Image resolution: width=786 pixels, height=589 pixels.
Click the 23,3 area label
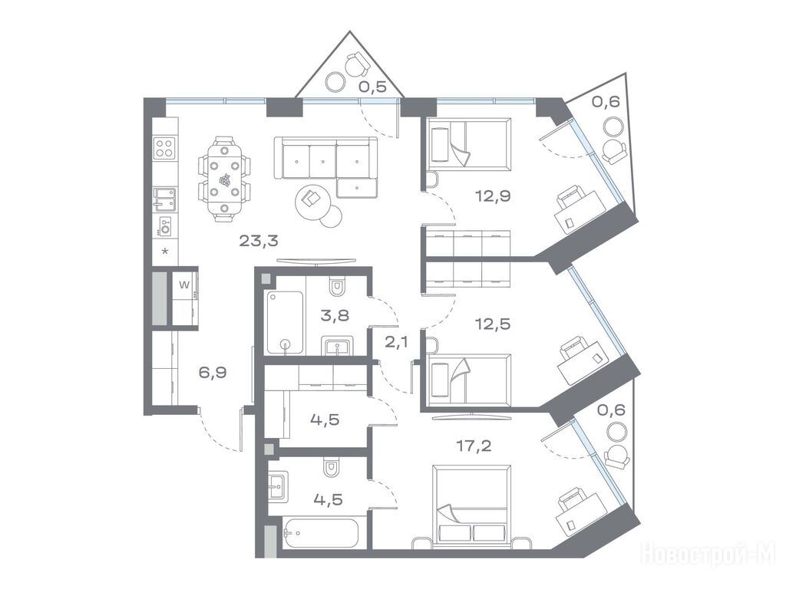click(258, 241)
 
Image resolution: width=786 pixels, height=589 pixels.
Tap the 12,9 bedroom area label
click(494, 196)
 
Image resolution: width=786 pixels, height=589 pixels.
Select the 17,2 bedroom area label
click(474, 446)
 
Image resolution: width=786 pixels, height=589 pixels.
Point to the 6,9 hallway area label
click(213, 373)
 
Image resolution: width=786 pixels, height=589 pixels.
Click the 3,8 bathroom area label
click(335, 315)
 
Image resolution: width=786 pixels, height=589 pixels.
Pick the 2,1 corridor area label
click(396, 343)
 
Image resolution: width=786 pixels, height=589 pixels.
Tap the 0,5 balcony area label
click(372, 87)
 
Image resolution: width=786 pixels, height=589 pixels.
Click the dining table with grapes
click(224, 179)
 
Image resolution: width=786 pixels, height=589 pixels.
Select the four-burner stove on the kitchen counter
click(165, 148)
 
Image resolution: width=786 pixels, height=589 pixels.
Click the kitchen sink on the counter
click(164, 198)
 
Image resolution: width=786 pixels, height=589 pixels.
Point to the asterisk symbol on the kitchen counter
click(165, 251)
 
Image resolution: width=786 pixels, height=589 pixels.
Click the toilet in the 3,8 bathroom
click(337, 286)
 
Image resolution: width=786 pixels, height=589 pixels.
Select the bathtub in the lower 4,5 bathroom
click(321, 532)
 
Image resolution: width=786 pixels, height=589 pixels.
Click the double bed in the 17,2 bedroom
click(472, 503)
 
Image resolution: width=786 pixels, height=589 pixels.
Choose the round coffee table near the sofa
click(313, 202)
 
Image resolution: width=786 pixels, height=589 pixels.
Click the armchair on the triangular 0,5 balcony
click(357, 63)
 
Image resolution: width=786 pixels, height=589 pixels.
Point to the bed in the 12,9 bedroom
click(470, 143)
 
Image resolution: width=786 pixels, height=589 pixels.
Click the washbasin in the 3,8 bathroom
click(338, 346)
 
